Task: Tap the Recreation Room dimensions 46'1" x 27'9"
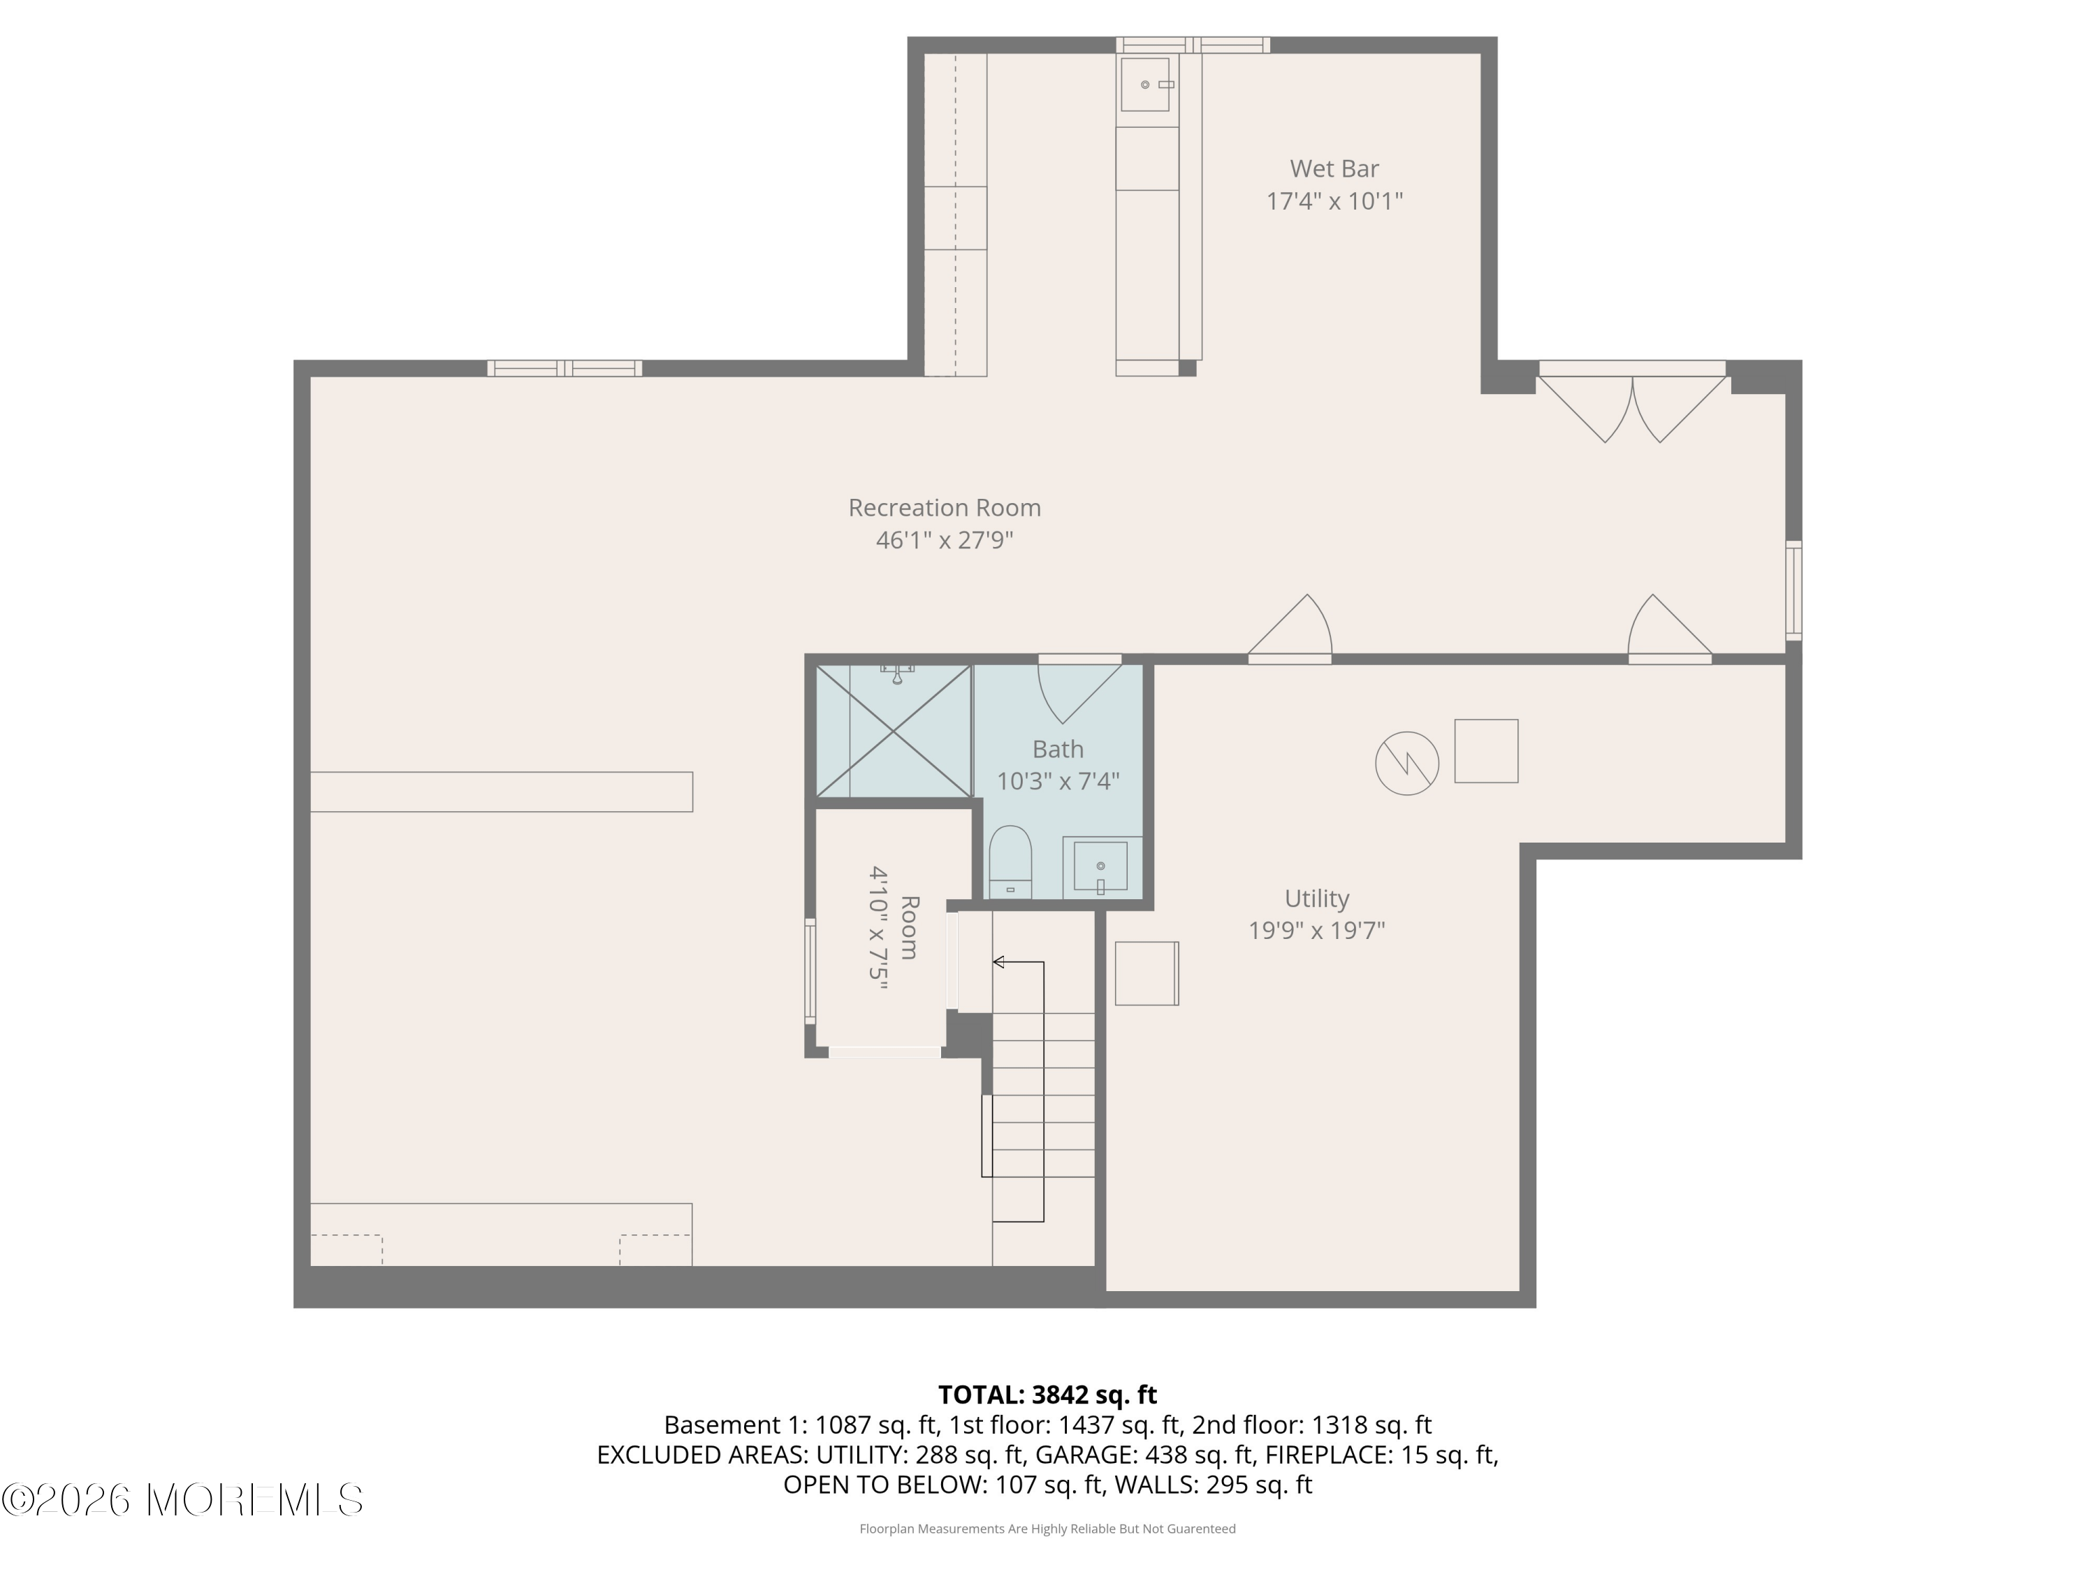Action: click(944, 540)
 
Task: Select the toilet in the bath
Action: click(1009, 860)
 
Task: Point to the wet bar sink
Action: click(1146, 85)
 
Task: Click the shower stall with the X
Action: click(894, 731)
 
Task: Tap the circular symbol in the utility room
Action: click(1406, 763)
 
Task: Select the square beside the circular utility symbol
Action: click(1486, 751)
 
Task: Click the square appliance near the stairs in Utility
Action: click(1147, 973)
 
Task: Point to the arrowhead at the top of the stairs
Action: click(998, 963)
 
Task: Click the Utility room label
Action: click(1316, 898)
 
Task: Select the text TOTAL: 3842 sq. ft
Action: click(1047, 1395)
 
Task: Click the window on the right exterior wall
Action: click(1793, 590)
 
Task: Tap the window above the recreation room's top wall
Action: click(565, 369)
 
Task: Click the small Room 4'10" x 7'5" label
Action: click(894, 928)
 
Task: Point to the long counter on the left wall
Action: click(501, 792)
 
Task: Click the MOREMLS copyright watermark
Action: click(182, 1501)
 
